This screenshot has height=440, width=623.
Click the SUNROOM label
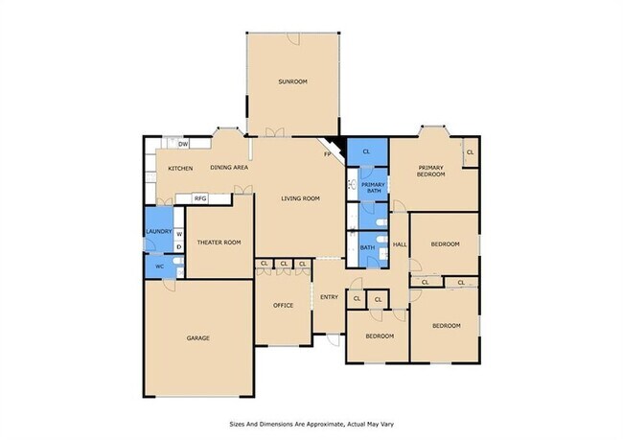coord(292,81)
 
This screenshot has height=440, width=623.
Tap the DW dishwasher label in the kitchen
coord(182,145)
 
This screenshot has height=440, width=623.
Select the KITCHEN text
coord(180,169)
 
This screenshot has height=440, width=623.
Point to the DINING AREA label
coord(230,168)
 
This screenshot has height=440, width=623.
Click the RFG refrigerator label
coord(200,198)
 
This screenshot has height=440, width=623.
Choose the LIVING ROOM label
coord(300,198)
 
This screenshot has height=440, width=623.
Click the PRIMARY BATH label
coord(374,187)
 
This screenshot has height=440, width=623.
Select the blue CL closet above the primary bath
coord(366,151)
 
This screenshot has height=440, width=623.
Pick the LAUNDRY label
coord(158,231)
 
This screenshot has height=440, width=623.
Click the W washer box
coord(178,234)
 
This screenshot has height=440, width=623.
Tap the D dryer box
coord(178,247)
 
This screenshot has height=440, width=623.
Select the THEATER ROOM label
coord(219,243)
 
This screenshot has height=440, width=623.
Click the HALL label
coord(401,244)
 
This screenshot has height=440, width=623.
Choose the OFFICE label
coord(283,305)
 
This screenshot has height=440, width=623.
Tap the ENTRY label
coord(329,297)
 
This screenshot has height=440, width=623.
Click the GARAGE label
coord(197,337)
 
